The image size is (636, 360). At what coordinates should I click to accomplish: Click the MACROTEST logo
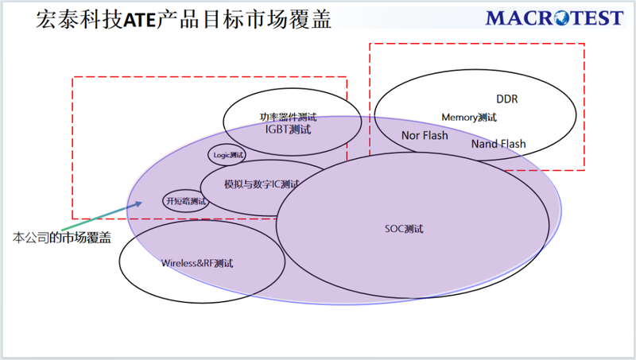[x=554, y=18]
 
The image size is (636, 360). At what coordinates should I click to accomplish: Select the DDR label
[x=507, y=99]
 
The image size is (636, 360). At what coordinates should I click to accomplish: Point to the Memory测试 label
[x=469, y=118]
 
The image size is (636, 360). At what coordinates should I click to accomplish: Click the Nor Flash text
[x=425, y=135]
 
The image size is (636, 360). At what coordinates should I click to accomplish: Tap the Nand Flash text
[x=498, y=144]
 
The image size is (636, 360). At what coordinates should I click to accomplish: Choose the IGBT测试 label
[x=288, y=130]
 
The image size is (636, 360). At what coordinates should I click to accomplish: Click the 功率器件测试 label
[x=288, y=117]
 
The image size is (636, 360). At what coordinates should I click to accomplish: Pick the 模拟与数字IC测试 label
[x=262, y=184]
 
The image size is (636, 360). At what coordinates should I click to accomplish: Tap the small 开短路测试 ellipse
[x=186, y=190]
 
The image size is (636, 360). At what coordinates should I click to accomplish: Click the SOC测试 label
[x=404, y=229]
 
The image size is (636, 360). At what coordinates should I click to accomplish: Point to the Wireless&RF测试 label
[x=197, y=264]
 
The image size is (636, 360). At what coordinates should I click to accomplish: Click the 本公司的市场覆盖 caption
[x=62, y=238]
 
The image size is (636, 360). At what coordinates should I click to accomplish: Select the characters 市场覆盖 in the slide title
[x=289, y=19]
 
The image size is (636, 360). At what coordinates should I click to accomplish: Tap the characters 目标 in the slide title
[x=223, y=19]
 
